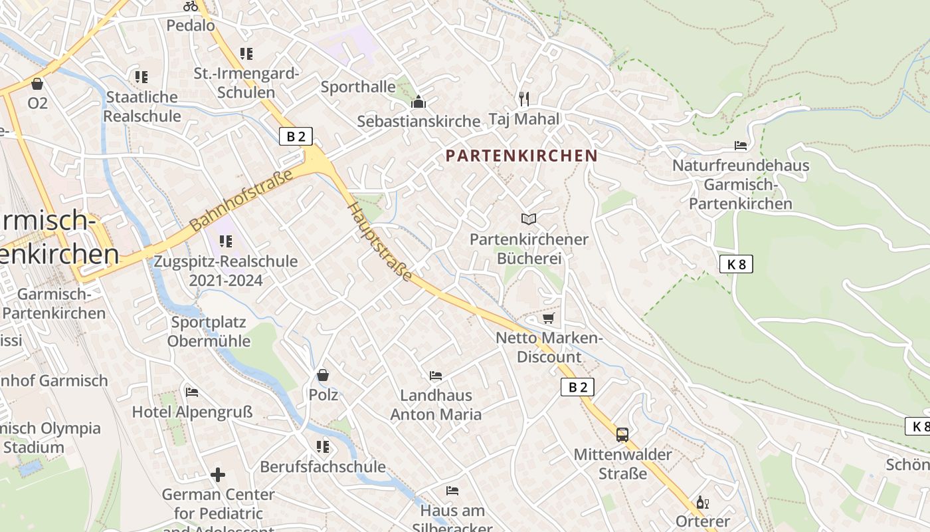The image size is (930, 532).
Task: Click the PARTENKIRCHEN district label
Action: pyautogui.click(x=521, y=156)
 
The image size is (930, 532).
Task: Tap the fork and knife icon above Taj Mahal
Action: pyautogui.click(x=524, y=99)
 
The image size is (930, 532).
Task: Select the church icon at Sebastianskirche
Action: pyautogui.click(x=418, y=102)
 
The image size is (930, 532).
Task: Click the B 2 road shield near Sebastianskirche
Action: pyautogui.click(x=296, y=137)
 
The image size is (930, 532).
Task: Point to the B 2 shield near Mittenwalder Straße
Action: pyautogui.click(x=577, y=387)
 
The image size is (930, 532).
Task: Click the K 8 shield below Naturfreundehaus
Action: pyautogui.click(x=736, y=264)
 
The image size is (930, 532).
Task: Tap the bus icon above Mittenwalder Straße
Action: pyautogui.click(x=622, y=435)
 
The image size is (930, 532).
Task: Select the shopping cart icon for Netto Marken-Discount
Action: pyautogui.click(x=548, y=319)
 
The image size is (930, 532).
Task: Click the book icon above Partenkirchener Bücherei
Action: pyautogui.click(x=529, y=219)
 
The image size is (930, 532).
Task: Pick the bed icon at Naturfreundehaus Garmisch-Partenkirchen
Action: pyautogui.click(x=741, y=146)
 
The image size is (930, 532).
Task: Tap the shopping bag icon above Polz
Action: pyautogui.click(x=323, y=375)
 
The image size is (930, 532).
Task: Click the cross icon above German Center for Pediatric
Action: pyautogui.click(x=218, y=475)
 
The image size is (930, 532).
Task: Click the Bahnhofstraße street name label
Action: pyautogui.click(x=241, y=201)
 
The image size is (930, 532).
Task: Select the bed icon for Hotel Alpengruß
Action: pyautogui.click(x=192, y=392)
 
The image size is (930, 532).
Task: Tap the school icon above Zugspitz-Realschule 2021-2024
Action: pyautogui.click(x=225, y=241)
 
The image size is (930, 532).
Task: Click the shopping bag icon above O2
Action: pyautogui.click(x=37, y=84)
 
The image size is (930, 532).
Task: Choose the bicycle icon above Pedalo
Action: pyautogui.click(x=191, y=6)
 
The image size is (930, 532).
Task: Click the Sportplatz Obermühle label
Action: pyautogui.click(x=209, y=332)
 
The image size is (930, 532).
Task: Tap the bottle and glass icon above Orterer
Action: pyautogui.click(x=702, y=502)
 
